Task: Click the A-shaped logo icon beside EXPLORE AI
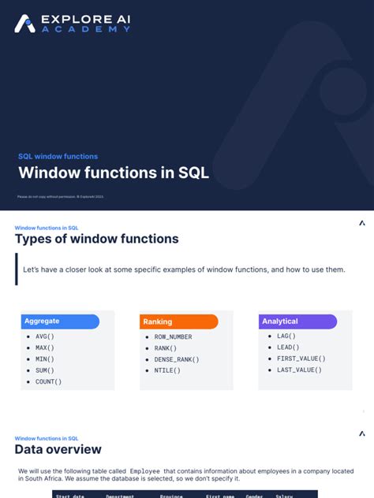point(24,24)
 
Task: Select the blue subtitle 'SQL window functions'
point(58,156)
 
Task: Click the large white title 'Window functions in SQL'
point(114,173)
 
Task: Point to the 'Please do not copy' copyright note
point(60,196)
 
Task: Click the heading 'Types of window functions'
point(96,239)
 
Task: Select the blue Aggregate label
point(42,321)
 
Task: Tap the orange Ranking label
point(158,321)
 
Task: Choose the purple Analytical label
point(280,321)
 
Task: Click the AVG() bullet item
point(45,336)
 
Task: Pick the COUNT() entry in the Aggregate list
point(48,381)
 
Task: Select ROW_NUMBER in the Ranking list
point(173,336)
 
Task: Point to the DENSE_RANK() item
point(177,359)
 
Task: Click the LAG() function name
point(286,336)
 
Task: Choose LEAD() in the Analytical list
point(288,347)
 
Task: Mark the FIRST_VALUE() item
point(301,359)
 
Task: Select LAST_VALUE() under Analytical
point(299,370)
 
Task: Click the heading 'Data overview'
point(58,449)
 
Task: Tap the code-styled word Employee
point(144,470)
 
